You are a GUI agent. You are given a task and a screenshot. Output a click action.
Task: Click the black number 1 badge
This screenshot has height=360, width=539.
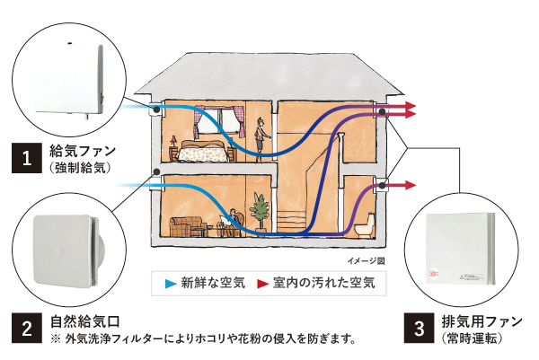[x=27, y=158]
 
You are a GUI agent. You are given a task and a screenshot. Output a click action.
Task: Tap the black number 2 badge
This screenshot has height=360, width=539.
[x=27, y=328]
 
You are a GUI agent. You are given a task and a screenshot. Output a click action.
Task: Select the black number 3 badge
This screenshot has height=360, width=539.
[x=419, y=328]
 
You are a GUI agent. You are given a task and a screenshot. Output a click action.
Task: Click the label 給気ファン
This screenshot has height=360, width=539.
[x=83, y=151]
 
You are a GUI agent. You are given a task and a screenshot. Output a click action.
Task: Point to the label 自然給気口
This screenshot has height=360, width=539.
[x=85, y=321]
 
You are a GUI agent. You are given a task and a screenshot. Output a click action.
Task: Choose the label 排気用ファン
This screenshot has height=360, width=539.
[x=482, y=321]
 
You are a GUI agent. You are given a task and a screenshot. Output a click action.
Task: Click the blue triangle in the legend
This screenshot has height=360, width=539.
[x=171, y=284]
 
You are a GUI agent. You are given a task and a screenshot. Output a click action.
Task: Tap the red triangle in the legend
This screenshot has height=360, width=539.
[x=262, y=284]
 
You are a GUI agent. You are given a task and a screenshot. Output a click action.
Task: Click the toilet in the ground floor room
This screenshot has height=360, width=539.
[x=365, y=226]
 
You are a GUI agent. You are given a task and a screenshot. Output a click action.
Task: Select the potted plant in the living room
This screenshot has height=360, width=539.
[x=260, y=210]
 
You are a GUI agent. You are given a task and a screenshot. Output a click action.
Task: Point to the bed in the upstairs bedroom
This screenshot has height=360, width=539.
[x=203, y=151]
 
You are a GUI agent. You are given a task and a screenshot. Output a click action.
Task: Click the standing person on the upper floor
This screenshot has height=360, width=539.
[x=261, y=136]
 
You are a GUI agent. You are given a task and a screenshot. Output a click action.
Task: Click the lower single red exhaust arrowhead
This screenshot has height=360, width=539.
[x=411, y=185]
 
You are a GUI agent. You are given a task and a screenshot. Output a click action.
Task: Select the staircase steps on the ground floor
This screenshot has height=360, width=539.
[x=291, y=224]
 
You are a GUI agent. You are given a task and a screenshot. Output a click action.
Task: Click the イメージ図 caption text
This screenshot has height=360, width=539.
[x=367, y=261]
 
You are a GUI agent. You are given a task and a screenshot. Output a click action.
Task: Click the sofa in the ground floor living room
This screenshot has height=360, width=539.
[x=186, y=227]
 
